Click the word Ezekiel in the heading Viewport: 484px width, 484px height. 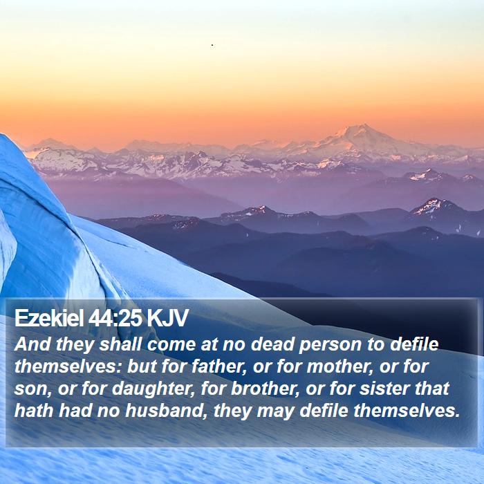point(49,317)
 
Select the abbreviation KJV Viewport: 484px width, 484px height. point(167,317)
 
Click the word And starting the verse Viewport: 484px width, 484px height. point(32,344)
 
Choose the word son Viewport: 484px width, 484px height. point(32,389)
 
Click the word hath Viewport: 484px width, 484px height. point(34,411)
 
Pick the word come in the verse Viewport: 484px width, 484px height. point(171,345)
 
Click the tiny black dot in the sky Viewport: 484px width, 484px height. point(212,45)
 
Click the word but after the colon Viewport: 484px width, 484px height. point(141,366)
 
